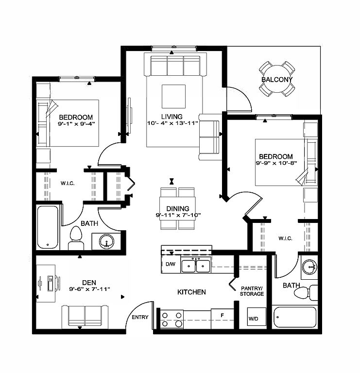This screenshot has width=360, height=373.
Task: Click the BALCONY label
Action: tap(277, 80)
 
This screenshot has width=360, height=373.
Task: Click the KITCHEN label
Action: tap(191, 292)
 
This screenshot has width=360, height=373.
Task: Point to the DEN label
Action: tap(89, 282)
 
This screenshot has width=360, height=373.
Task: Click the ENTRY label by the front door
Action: tap(140, 318)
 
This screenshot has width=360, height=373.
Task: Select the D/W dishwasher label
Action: tap(170, 265)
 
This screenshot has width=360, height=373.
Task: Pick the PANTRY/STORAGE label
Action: tap(252, 290)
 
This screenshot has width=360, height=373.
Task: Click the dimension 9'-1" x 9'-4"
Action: tap(76, 123)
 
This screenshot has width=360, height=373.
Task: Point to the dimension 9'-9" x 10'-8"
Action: tap(276, 163)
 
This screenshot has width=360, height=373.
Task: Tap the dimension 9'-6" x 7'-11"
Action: tap(89, 289)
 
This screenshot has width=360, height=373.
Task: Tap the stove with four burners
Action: tap(172, 319)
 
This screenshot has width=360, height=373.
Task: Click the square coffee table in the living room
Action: tap(173, 96)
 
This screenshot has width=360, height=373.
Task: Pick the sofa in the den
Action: tap(86, 317)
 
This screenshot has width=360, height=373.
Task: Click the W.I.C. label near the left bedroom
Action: tap(67, 184)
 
